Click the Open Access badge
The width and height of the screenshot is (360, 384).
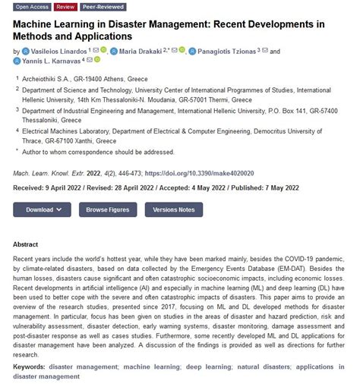[x=32, y=7]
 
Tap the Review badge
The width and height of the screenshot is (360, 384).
[x=66, y=7]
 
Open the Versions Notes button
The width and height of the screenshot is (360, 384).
[x=173, y=209]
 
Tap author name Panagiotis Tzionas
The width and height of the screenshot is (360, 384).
[x=226, y=51]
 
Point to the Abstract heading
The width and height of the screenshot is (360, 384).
[x=26, y=245]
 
